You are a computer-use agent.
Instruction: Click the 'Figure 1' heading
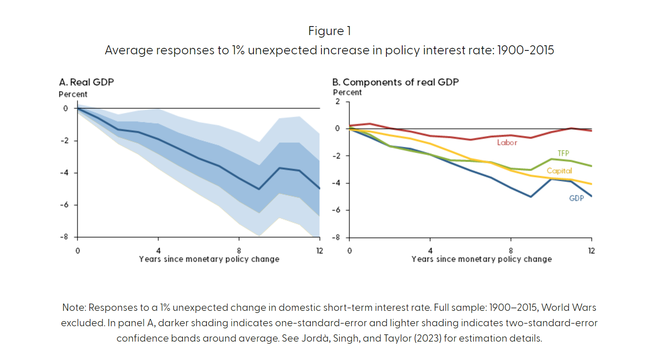329,31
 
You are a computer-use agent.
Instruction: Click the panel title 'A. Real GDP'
86,82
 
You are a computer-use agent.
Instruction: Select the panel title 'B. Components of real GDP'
395,82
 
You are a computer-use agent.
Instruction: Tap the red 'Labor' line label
507,143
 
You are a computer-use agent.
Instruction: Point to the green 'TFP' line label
563,153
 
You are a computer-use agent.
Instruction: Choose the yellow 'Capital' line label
559,171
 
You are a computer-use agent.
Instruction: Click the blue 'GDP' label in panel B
576,198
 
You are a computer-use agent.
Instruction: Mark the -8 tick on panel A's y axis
64,237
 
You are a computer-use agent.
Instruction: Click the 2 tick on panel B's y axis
338,101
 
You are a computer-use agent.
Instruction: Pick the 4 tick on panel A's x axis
158,251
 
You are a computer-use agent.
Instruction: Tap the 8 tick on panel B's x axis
511,251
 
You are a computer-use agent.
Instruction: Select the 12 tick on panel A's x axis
319,251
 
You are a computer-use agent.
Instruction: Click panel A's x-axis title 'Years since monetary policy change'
209,259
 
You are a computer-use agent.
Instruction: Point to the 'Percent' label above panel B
347,92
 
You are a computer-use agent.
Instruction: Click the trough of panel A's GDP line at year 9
259,189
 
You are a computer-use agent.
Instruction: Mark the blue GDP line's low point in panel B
531,197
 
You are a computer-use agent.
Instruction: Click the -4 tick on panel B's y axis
336,183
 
